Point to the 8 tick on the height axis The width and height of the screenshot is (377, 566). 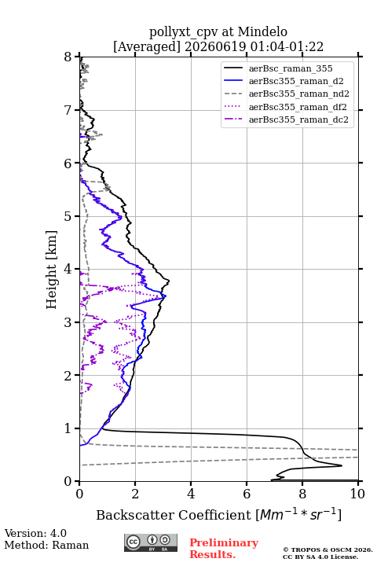(68, 57)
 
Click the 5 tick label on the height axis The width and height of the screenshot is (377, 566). (68, 216)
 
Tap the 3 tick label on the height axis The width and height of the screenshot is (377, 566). (68, 322)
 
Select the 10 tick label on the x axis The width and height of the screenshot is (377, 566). (357, 494)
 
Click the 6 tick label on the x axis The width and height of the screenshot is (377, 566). (247, 494)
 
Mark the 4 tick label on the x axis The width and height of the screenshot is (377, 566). (191, 494)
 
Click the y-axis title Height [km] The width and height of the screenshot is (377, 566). (52, 270)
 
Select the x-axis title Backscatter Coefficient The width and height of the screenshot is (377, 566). (174, 515)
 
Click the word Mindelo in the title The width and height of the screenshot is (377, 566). (262, 31)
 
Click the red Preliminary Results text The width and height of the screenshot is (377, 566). (224, 549)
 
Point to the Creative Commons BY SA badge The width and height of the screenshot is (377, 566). (151, 543)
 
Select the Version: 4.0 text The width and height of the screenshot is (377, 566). (35, 533)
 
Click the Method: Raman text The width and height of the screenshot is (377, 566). (46, 545)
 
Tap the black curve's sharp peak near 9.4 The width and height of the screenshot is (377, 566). (342, 465)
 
